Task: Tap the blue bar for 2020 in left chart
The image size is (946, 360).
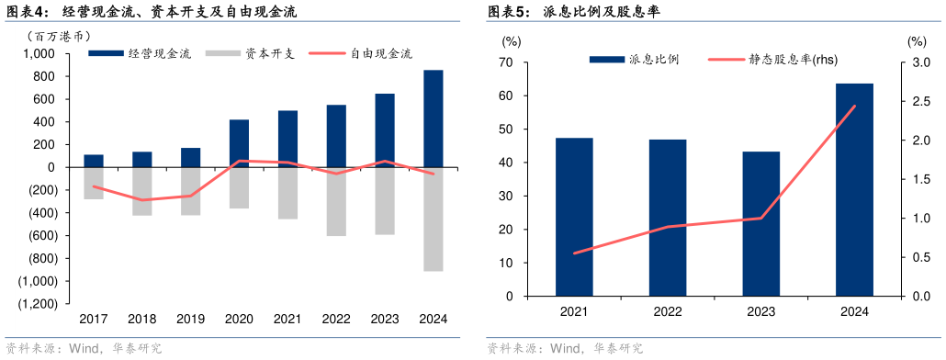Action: (x=239, y=143)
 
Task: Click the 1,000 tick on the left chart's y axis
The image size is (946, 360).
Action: (x=39, y=54)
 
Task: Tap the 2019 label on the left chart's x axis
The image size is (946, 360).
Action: (x=190, y=319)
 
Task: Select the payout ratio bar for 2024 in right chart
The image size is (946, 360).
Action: (x=854, y=190)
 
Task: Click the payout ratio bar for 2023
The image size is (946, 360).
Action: (x=760, y=224)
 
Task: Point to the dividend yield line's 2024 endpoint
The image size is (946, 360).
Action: (x=854, y=106)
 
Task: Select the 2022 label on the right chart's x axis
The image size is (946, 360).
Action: (x=668, y=311)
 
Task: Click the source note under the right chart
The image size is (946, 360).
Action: (x=566, y=349)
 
